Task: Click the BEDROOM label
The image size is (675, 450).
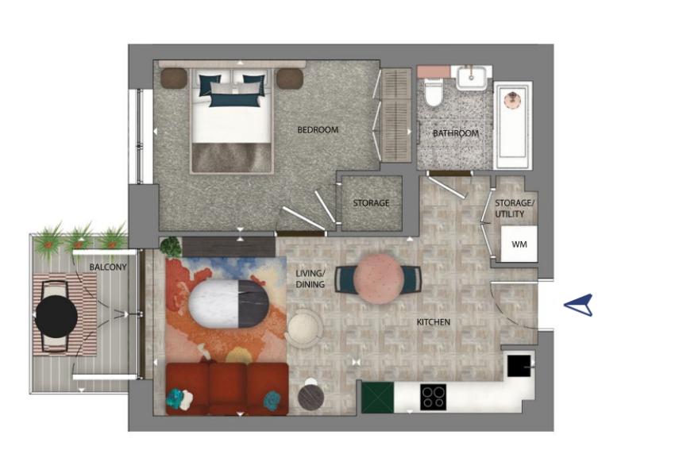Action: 318,129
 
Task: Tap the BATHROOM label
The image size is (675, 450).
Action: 456,133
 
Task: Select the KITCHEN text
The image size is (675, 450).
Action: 433,321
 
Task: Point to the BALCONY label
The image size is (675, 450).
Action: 108,267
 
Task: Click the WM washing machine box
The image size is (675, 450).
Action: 519,244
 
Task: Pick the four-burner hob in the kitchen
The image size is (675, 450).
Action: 433,397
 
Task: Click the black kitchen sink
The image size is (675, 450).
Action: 519,366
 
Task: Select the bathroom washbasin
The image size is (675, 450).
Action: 472,78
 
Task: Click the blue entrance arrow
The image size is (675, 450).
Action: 580,305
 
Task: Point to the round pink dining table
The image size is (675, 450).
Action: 378,279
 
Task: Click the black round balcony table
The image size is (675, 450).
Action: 56,317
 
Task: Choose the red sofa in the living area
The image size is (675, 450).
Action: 227,389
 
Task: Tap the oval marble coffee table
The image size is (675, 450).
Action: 229,304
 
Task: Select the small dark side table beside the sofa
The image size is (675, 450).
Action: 310,397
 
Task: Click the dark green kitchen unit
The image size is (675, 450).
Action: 377,397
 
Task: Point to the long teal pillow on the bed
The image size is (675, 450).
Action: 236,101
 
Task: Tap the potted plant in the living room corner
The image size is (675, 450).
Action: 171,247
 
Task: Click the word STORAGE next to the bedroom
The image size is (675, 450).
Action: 371,203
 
